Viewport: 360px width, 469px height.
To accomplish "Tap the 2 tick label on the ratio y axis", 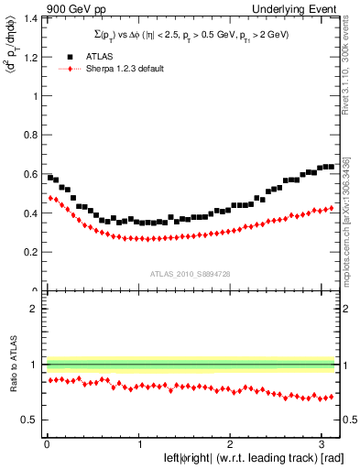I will (x=35, y=310).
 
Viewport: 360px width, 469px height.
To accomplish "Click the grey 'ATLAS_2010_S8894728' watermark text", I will (x=191, y=274).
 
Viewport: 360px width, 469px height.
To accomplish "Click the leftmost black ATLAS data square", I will (x=50, y=177).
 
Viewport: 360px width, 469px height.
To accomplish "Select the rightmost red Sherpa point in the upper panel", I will (x=332, y=208).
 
